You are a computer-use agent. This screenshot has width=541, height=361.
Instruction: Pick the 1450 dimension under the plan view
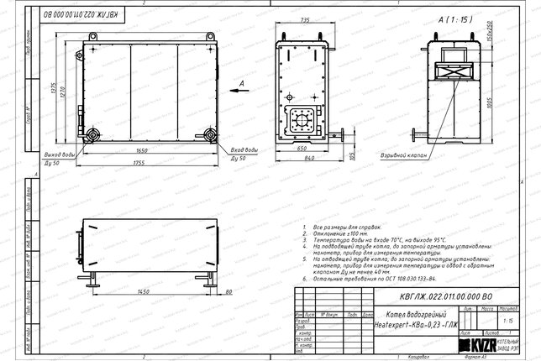coord(144,290)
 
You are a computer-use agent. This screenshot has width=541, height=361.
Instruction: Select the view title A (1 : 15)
coord(454,18)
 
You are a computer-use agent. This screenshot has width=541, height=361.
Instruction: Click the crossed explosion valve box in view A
coord(454,71)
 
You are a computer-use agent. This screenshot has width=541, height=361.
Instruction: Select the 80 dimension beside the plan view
coord(229,290)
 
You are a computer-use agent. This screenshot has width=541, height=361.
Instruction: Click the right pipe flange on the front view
coord(208,135)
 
